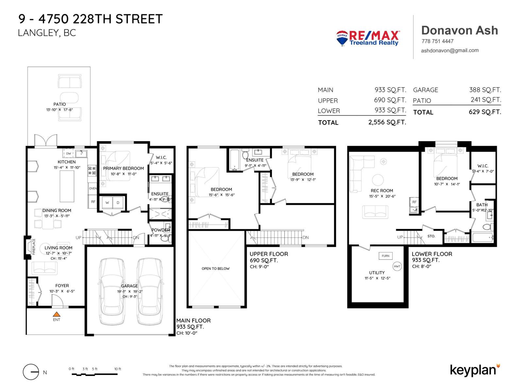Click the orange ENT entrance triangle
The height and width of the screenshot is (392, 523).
point(57,314)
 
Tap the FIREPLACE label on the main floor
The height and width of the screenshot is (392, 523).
point(33,247)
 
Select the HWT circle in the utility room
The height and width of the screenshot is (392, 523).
point(397,266)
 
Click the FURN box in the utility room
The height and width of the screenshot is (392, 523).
point(385,256)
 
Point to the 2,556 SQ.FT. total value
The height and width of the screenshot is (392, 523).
point(387,122)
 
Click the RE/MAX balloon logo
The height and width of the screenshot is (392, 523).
point(342,38)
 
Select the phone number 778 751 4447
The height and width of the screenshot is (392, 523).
point(437,41)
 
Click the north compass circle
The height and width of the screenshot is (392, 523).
point(31,372)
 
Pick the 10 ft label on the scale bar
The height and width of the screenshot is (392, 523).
point(118,369)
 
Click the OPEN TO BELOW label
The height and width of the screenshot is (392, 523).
point(215,269)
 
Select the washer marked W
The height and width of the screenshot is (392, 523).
point(107,203)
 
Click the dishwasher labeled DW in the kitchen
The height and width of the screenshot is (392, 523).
point(68,154)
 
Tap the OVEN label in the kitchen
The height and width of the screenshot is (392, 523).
point(93,188)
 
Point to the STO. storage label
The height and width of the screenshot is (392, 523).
point(431,236)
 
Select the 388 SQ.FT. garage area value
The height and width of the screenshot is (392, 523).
point(485,90)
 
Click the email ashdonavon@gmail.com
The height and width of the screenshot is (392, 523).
point(450,51)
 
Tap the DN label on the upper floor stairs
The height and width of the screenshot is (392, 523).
point(306,237)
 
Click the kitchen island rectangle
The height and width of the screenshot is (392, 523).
point(67,186)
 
